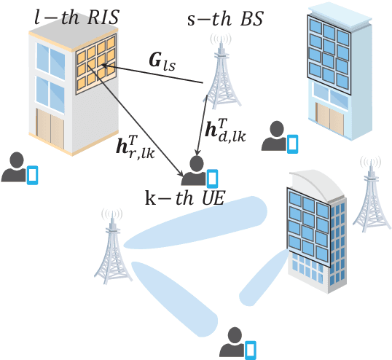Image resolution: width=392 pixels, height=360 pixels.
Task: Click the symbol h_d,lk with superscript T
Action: click(225, 130)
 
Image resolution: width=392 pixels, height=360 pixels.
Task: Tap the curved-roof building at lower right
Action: click(313, 233)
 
